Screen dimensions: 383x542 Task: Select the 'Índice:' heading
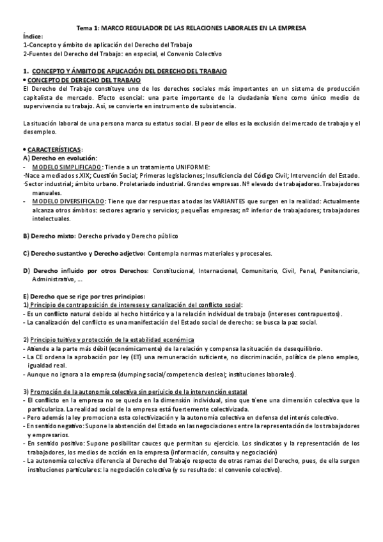pos(32,38)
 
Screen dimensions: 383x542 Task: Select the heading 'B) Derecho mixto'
pos(50,236)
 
